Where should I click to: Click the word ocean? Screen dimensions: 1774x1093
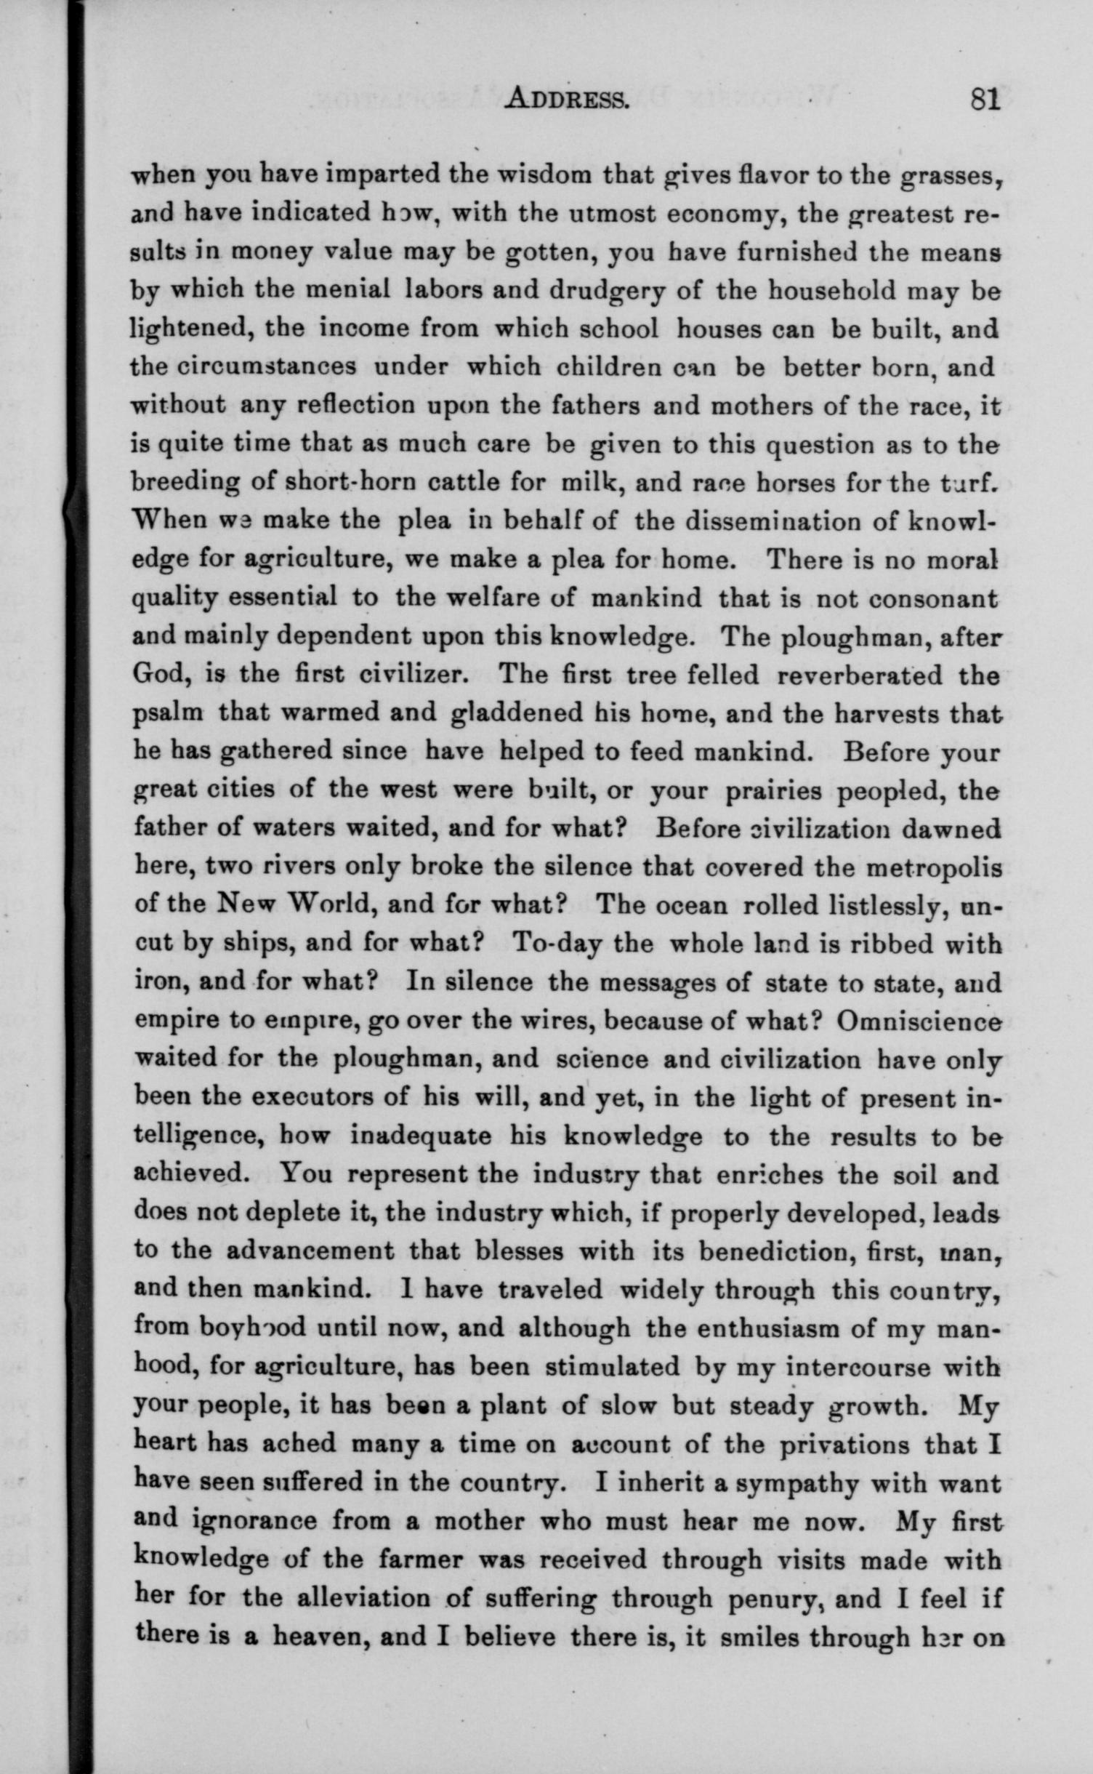pos(691,905)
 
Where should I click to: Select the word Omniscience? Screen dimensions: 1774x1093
pos(919,1020)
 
